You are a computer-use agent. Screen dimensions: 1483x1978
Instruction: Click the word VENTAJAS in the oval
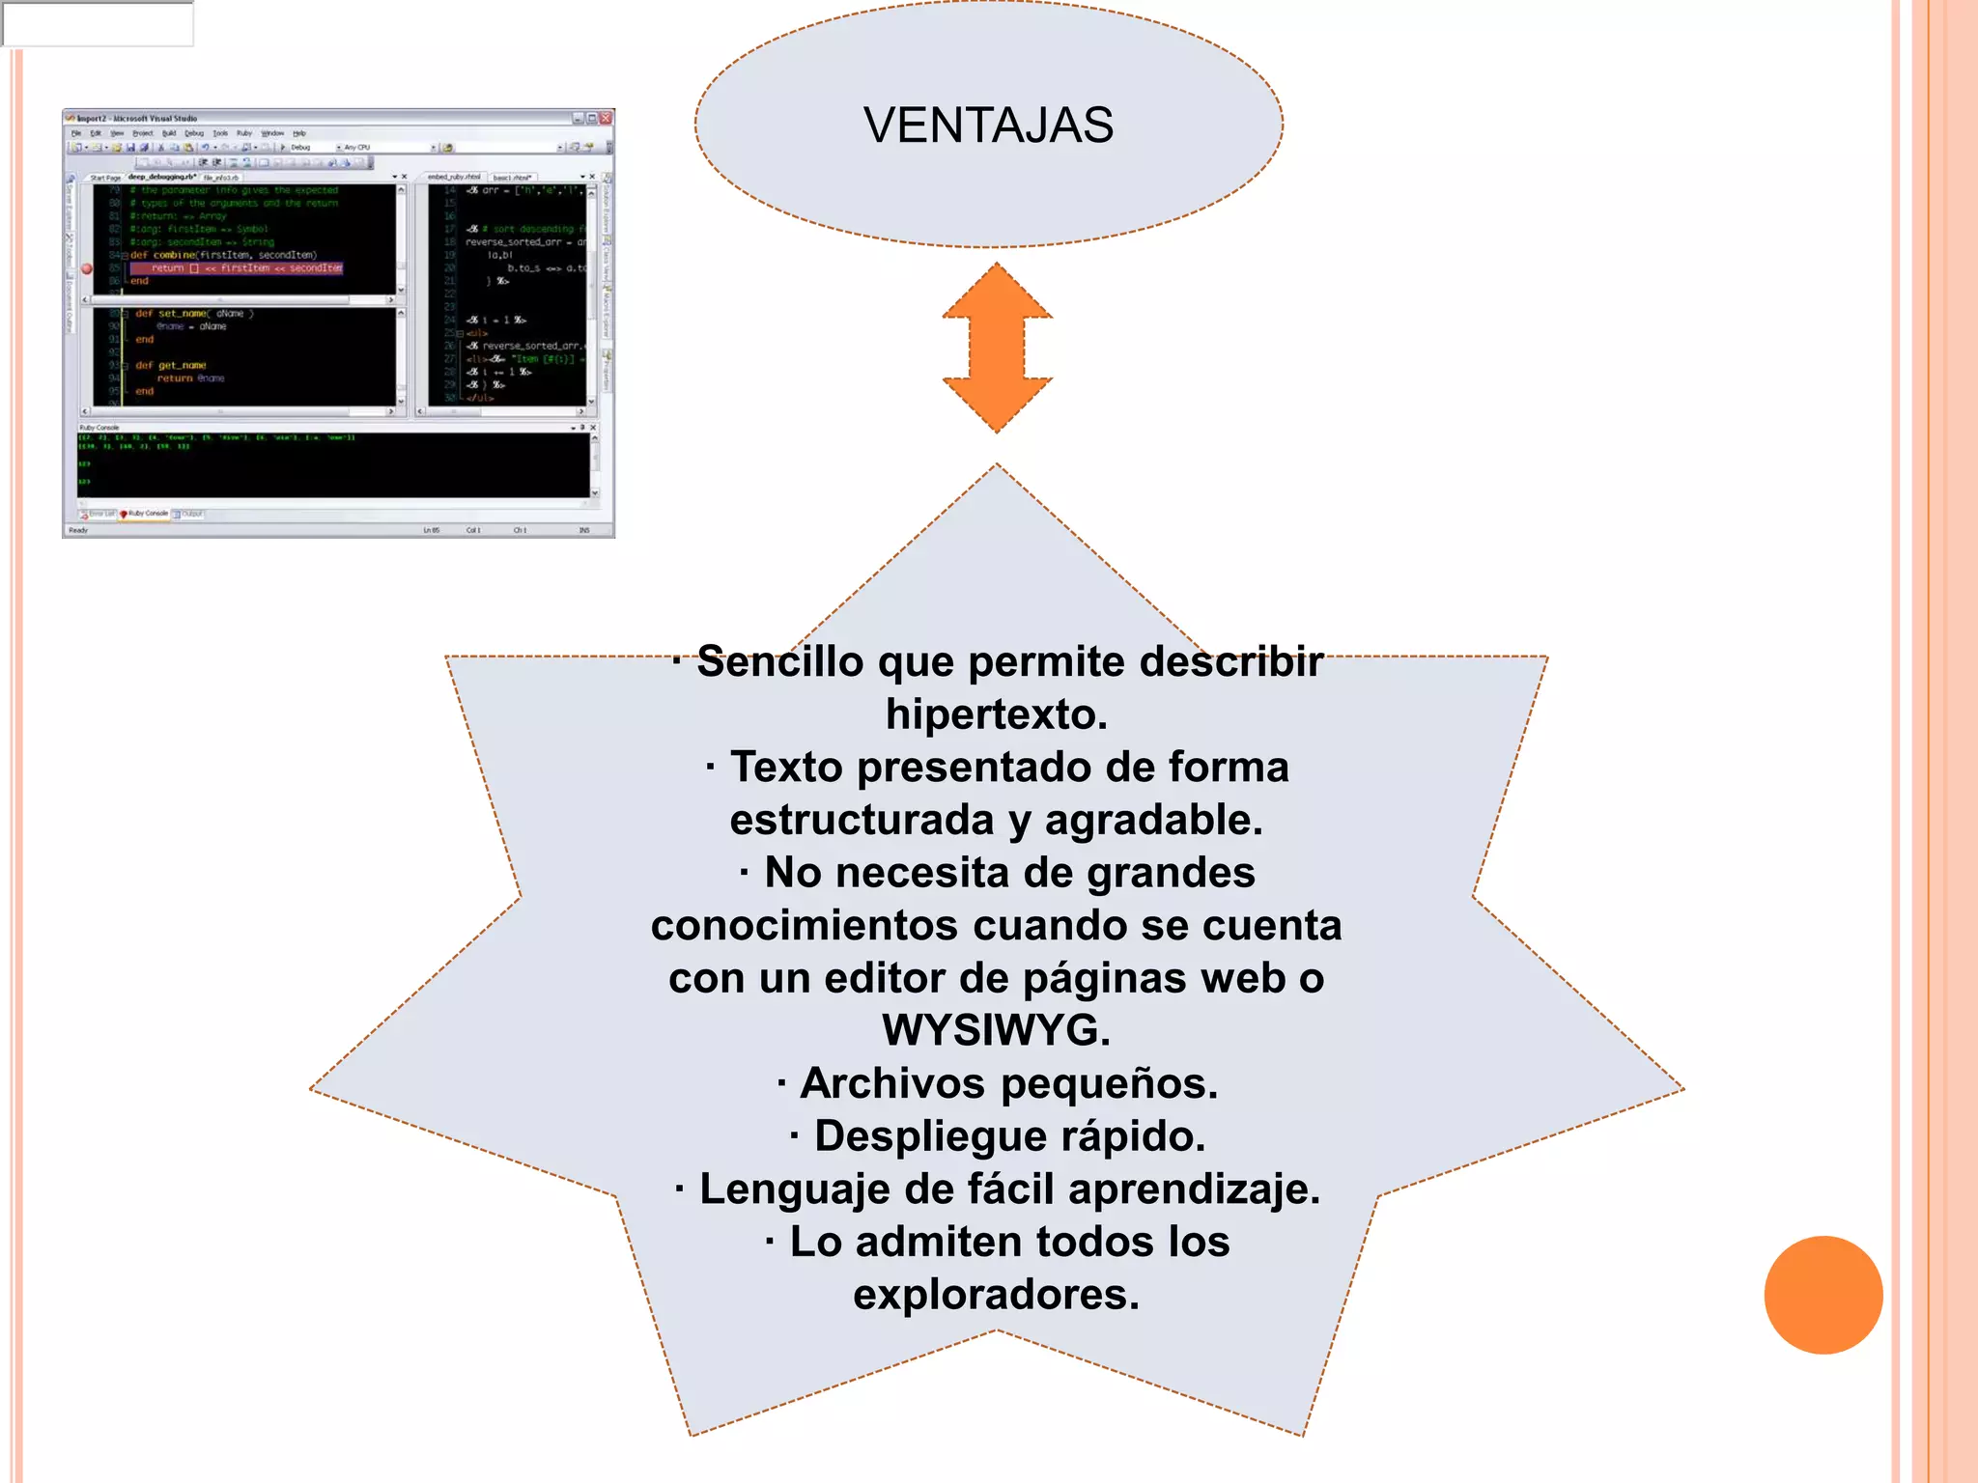pos(988,126)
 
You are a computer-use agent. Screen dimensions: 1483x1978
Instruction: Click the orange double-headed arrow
pos(997,348)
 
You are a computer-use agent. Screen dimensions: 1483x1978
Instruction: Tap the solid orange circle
pos(1823,1295)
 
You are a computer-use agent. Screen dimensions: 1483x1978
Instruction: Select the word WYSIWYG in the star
pos(995,1030)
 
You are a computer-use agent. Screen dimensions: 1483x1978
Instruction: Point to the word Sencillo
pos(779,662)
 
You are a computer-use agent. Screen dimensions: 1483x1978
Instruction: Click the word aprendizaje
pos(1193,1189)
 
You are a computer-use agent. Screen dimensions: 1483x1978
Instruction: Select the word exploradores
pos(995,1295)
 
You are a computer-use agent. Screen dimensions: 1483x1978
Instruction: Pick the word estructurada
pos(862,821)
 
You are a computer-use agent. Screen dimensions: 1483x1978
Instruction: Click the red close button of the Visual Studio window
pos(606,118)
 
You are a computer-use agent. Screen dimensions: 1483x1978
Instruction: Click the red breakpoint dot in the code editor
pos(87,268)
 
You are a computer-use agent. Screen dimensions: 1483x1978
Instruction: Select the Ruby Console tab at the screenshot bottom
pos(146,514)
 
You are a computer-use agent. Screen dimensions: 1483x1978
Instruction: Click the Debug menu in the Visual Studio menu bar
pos(194,133)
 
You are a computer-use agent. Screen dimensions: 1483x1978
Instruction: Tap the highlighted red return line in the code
pos(237,268)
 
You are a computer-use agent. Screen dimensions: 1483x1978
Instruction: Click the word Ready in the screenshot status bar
pos(78,530)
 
